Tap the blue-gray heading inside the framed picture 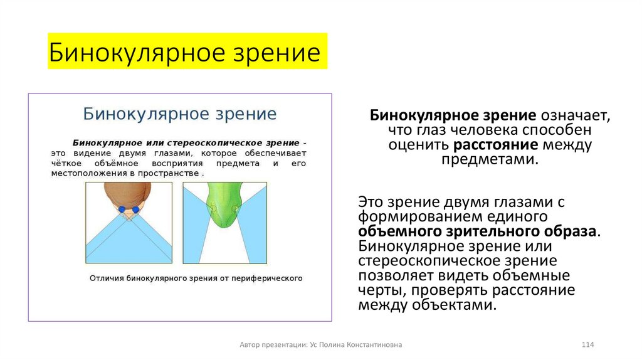pyautogui.click(x=180, y=114)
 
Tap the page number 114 pyautogui.click(x=587, y=345)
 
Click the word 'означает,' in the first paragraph pyautogui.click(x=574, y=116)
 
